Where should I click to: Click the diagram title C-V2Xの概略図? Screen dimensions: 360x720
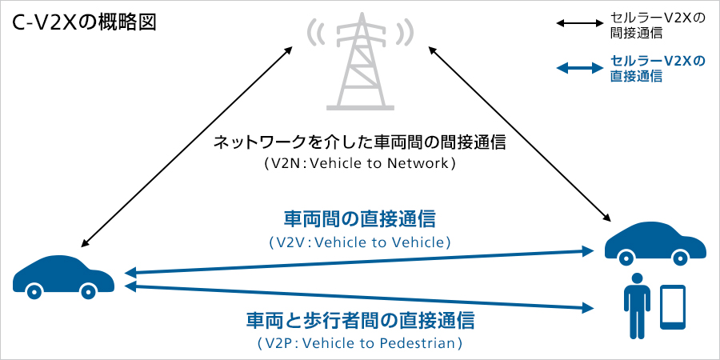pos(84,22)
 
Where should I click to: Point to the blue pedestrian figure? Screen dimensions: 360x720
pos(637,305)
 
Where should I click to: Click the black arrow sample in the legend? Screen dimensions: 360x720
pos(578,24)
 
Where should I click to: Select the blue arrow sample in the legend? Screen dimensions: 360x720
pos(578,68)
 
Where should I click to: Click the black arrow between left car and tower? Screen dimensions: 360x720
pos(186,146)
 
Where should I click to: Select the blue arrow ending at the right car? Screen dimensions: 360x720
pos(360,262)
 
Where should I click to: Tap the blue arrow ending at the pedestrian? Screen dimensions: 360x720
pos(360,297)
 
